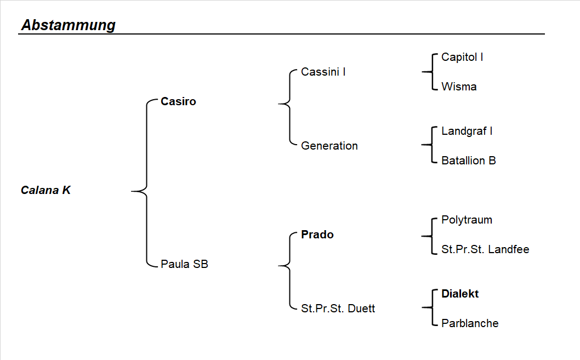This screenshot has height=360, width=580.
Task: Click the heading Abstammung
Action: tap(69, 25)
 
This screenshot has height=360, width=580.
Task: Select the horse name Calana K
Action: tap(46, 191)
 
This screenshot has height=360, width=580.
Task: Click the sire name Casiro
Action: tap(178, 101)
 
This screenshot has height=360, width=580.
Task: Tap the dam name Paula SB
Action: tap(184, 264)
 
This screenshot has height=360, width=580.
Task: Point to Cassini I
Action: tap(323, 72)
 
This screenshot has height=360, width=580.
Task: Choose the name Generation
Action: tap(329, 146)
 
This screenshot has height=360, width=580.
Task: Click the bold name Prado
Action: tap(317, 235)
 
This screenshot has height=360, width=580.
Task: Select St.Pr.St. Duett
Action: tap(338, 308)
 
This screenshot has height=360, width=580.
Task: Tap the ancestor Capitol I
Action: tap(462, 57)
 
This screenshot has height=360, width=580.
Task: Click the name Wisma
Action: tap(459, 87)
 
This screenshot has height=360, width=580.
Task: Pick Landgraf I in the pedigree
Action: tap(467, 131)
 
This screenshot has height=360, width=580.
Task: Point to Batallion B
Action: tap(468, 161)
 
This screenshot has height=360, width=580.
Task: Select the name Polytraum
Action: tap(467, 220)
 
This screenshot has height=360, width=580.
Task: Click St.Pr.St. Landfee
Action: tap(485, 249)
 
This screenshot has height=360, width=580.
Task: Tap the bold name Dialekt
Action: tap(460, 294)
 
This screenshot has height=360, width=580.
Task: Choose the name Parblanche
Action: tap(470, 323)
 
